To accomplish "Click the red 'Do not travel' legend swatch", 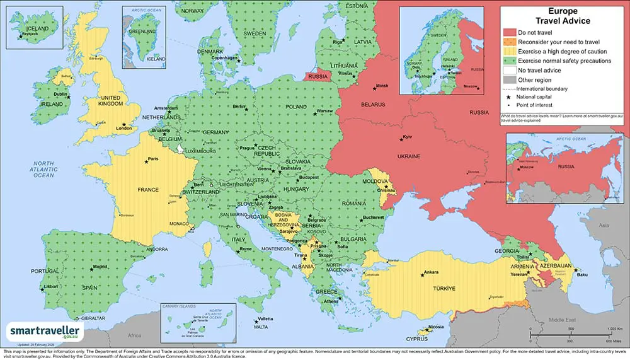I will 508,32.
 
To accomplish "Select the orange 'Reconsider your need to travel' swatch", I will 508,42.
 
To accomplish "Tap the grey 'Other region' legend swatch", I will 508,80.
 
